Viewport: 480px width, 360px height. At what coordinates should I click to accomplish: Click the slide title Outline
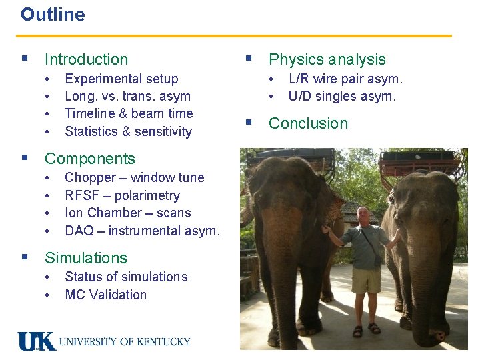tap(53, 15)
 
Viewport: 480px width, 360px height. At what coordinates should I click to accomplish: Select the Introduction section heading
tap(86, 60)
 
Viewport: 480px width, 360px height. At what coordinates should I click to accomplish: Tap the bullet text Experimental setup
tap(121, 79)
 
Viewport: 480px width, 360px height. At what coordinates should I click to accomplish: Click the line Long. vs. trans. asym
tap(127, 96)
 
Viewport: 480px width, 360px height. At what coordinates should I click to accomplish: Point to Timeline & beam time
tap(129, 113)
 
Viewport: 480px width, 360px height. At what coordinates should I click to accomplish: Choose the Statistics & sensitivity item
tap(128, 131)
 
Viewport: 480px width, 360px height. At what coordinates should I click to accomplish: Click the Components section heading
tap(89, 159)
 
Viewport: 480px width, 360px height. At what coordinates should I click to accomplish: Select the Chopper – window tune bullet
tap(134, 177)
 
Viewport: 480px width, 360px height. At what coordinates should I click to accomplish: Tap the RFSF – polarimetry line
tap(122, 195)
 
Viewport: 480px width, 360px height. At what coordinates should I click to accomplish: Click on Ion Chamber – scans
tap(127, 213)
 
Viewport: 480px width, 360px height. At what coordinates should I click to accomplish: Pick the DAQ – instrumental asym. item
tap(142, 231)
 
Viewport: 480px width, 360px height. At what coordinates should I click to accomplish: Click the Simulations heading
tap(85, 258)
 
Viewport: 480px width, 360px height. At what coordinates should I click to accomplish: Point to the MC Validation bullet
tap(105, 295)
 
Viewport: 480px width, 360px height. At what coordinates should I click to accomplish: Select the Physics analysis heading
tap(327, 60)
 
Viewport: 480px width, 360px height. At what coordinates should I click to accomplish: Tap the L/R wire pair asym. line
tap(345, 79)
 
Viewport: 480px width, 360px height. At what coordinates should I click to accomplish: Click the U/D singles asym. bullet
tap(342, 96)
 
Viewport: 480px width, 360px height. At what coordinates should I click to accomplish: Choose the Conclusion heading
tap(308, 123)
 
